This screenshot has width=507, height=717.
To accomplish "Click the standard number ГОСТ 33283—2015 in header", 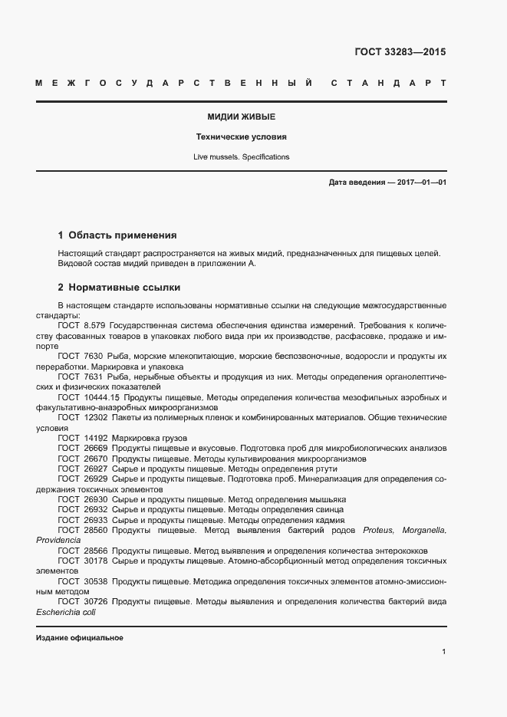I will tap(400, 53).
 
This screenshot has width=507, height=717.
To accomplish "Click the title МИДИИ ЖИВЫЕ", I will tap(242, 117).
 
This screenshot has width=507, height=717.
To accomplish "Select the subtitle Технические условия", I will tap(242, 137).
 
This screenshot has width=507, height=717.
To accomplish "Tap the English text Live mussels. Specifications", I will tap(242, 156).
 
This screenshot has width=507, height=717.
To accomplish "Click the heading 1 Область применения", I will tap(117, 235).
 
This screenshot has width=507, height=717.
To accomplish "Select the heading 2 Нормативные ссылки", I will tap(119, 288).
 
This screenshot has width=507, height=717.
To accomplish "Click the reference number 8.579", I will tap(92, 325).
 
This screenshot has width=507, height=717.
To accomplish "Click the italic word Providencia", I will tap(58, 541).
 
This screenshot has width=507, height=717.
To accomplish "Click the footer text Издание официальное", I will tap(80, 638).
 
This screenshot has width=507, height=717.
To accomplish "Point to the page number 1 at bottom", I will tap(443, 652).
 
